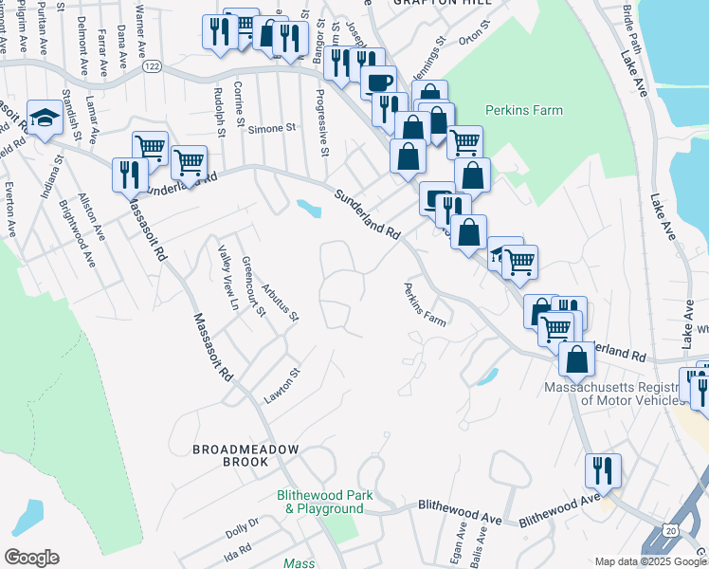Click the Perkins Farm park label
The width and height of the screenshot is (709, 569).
click(523, 110)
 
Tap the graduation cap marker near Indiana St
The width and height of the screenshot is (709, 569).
click(43, 119)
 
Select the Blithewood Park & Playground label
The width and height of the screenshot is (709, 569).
click(324, 502)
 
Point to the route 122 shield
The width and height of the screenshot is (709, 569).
click(151, 66)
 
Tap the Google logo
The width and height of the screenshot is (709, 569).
click(31, 558)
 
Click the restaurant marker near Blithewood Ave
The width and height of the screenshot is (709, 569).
click(603, 470)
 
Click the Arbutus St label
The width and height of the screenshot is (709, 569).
click(280, 302)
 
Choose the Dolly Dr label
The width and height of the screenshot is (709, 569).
click(242, 527)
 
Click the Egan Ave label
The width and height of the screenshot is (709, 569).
click(462, 541)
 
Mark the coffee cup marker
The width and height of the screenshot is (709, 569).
click(379, 82)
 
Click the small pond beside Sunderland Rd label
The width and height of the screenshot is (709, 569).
click(307, 206)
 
